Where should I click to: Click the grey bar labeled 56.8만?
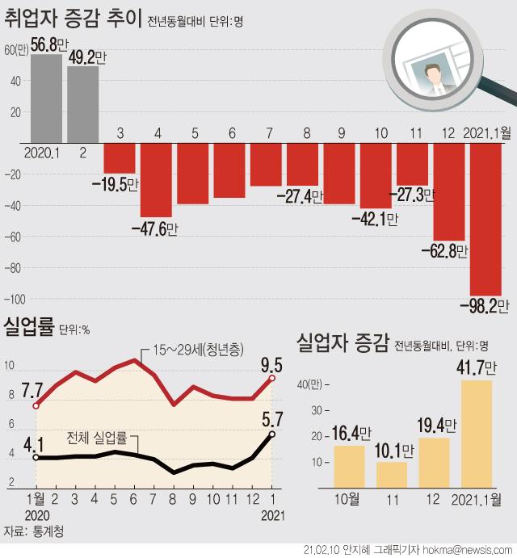pos(46,97)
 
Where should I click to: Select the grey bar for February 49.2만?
pos(83,103)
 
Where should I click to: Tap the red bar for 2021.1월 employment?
pos(485,218)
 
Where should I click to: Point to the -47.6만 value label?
pos(154,229)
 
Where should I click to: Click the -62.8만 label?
pos(444,251)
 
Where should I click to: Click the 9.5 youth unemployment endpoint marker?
pos(273,377)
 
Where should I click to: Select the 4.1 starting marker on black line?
pos(36,457)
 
